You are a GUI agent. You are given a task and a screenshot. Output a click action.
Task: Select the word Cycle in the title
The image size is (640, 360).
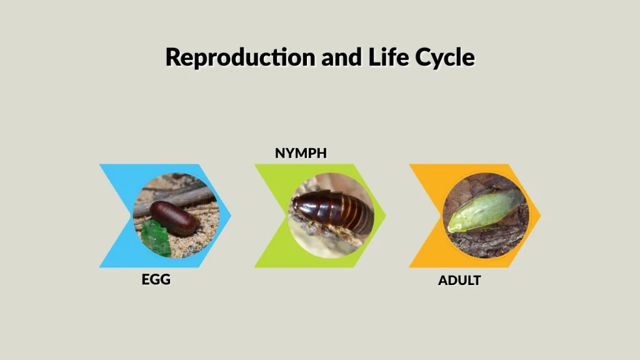point(444,57)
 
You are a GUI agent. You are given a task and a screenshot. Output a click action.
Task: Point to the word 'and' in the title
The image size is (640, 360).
point(339,57)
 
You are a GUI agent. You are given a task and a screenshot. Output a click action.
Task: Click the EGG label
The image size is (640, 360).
point(156,279)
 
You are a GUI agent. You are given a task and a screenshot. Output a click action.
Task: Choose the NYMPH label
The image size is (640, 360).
point(301,153)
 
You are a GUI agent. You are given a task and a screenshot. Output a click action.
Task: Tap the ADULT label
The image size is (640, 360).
point(459,281)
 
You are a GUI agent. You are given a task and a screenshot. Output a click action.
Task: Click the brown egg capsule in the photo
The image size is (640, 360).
point(175,217)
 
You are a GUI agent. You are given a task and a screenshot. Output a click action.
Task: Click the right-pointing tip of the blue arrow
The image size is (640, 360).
point(230,216)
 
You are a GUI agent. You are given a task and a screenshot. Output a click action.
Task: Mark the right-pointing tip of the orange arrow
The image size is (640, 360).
point(540,216)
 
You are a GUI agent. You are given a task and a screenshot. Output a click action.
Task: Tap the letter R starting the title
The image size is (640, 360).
point(173,57)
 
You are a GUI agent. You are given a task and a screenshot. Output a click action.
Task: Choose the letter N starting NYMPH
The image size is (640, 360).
point(280,153)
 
